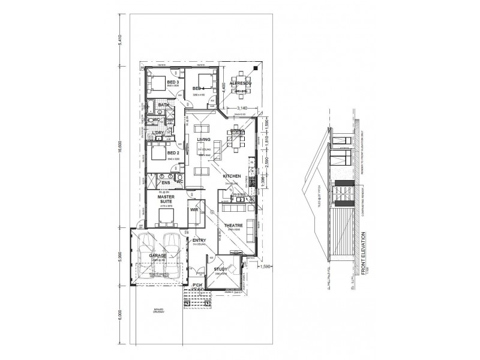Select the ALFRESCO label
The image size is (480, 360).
244,82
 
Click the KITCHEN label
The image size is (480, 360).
232,176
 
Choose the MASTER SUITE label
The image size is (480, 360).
166,199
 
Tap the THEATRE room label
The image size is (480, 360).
233,226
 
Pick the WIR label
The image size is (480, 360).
194,211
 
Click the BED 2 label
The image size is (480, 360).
173,153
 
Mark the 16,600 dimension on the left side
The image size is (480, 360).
122,153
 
